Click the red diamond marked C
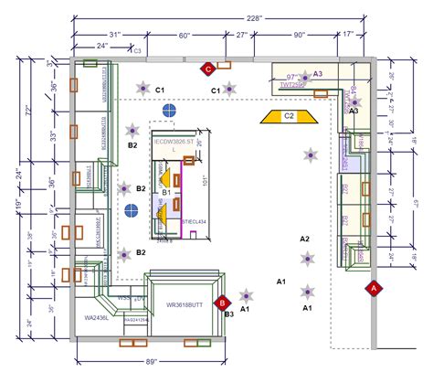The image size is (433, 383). click(207, 68)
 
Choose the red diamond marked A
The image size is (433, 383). click(373, 288)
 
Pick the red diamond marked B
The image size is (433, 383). click(220, 302)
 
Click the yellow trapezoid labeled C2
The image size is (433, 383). click(288, 116)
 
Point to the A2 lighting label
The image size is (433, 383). click(305, 239)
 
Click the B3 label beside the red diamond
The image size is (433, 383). click(228, 314)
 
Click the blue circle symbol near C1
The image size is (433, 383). click(168, 111)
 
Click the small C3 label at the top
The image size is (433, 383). click(138, 52)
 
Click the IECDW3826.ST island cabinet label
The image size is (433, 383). click(174, 144)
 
